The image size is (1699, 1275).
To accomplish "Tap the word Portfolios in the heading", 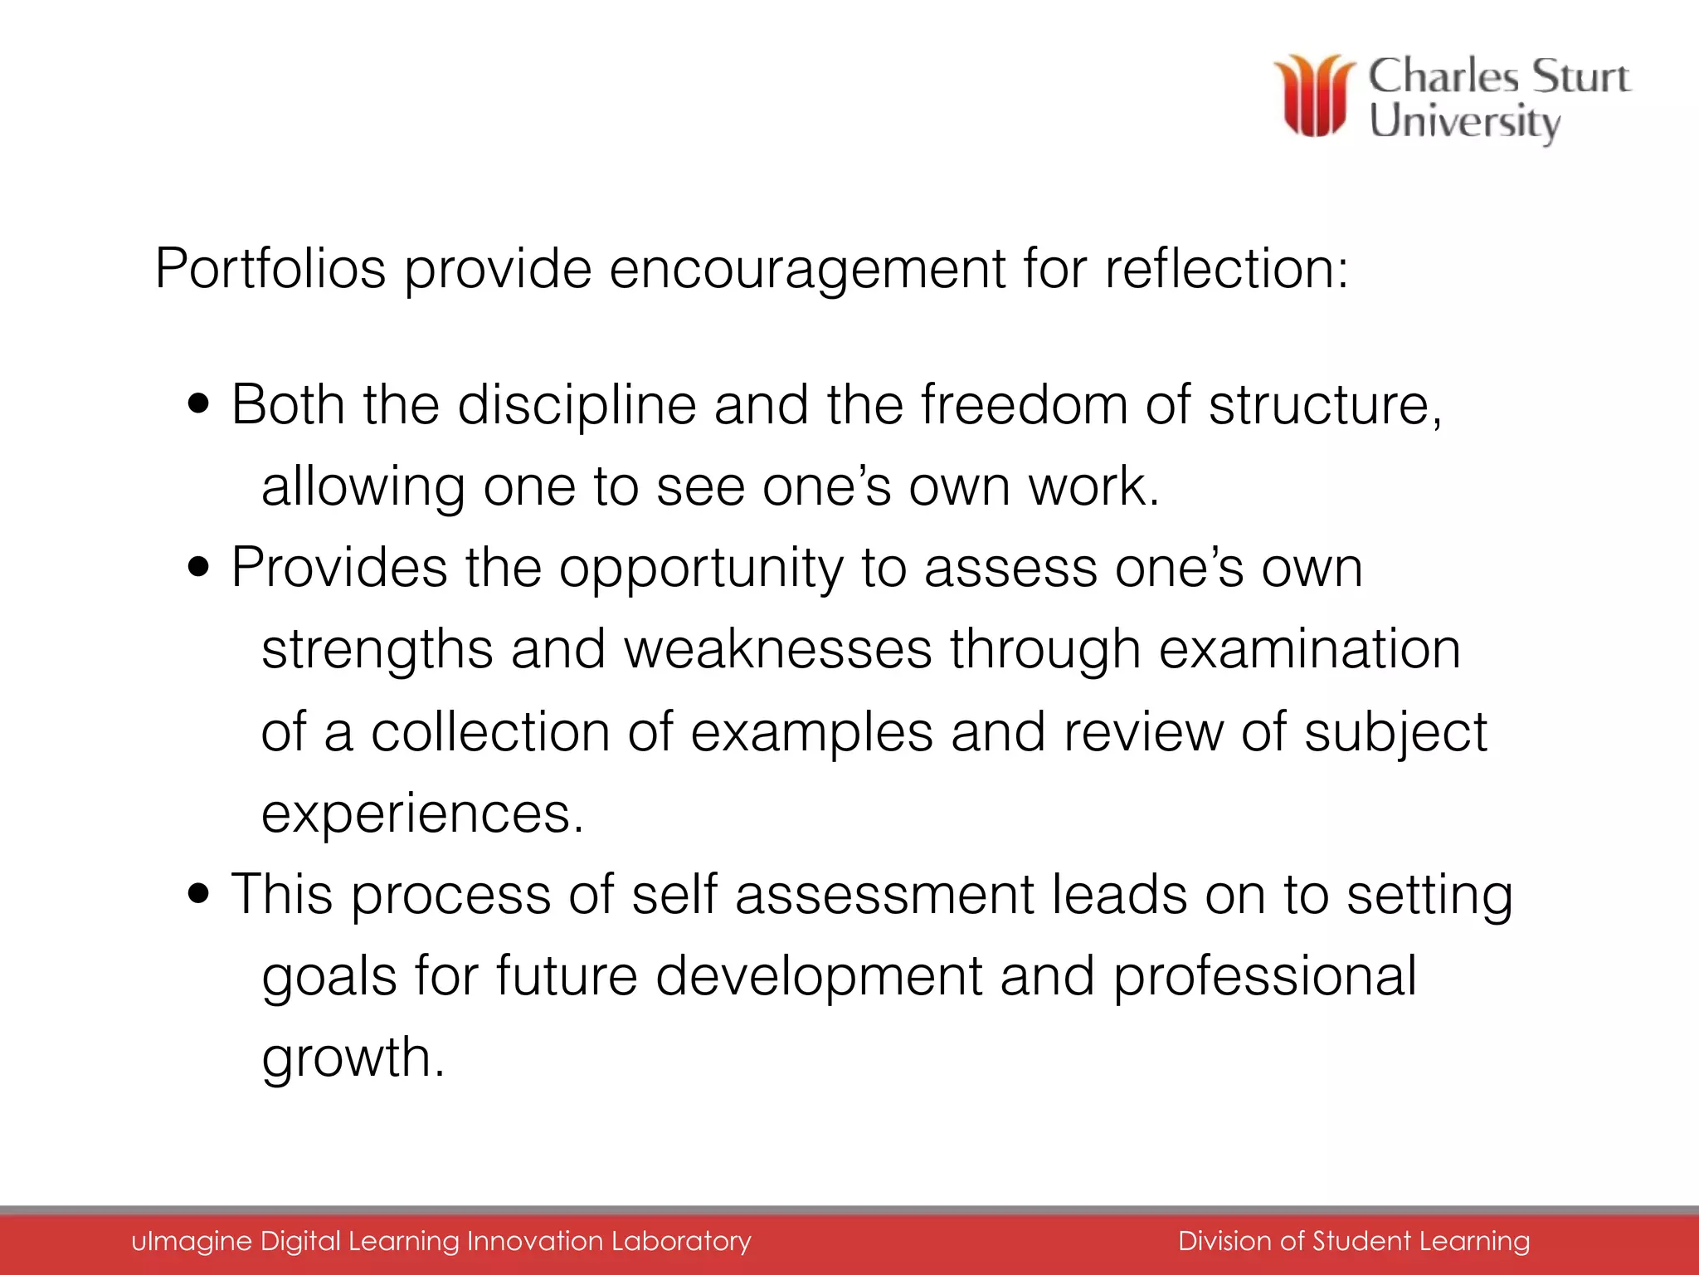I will point(270,269).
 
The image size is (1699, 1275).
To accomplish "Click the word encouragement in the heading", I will point(807,271).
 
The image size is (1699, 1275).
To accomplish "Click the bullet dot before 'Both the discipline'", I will point(199,406).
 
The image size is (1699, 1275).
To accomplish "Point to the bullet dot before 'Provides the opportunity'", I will point(199,569).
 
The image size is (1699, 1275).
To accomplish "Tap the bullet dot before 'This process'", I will point(199,896).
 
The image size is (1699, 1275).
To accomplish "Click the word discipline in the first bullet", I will point(577,406).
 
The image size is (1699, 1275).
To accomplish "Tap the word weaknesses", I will point(777,649).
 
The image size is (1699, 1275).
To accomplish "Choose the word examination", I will point(1309,649).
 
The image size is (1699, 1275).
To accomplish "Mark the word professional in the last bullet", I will point(1264,977).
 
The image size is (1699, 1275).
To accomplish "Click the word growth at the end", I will point(353,1058).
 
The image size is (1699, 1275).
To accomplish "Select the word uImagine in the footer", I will point(191,1241).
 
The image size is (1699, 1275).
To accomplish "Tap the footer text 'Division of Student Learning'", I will point(1353,1241).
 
